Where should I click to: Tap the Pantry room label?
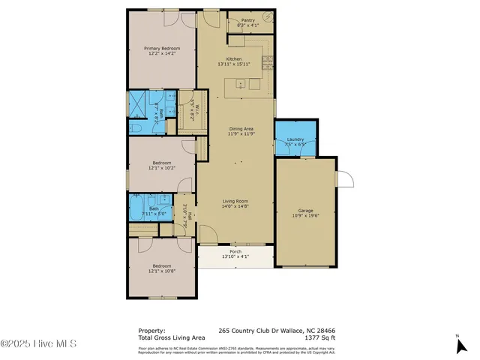point(247,20)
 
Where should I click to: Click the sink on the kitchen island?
point(241,83)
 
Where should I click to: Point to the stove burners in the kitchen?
point(267,60)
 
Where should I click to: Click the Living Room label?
point(235,201)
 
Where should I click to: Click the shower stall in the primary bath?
point(139,103)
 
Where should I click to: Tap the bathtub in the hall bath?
point(139,205)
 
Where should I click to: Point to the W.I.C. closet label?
point(191,111)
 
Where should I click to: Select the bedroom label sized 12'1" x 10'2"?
point(162,168)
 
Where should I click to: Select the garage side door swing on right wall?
point(343,179)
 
